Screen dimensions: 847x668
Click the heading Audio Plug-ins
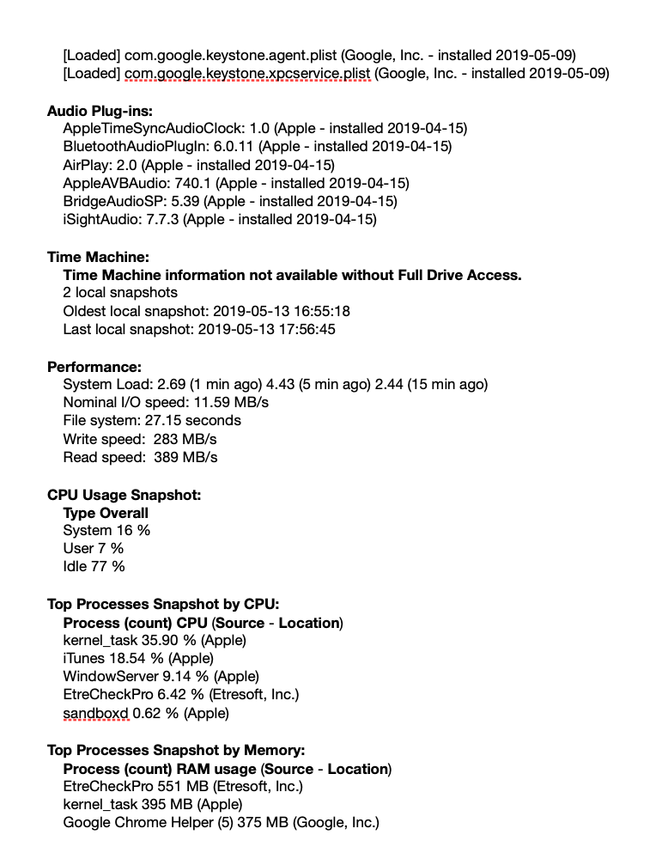pos(100,111)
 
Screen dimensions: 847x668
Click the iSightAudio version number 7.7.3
pos(162,220)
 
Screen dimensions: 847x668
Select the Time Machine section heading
pos(98,257)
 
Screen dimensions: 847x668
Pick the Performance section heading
pos(94,367)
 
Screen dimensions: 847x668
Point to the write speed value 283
pos(165,440)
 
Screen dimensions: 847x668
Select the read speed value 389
pos(165,458)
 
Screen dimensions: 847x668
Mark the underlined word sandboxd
pos(95,714)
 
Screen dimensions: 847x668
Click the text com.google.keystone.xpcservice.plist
pos(248,74)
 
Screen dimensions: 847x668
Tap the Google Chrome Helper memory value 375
pos(246,823)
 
